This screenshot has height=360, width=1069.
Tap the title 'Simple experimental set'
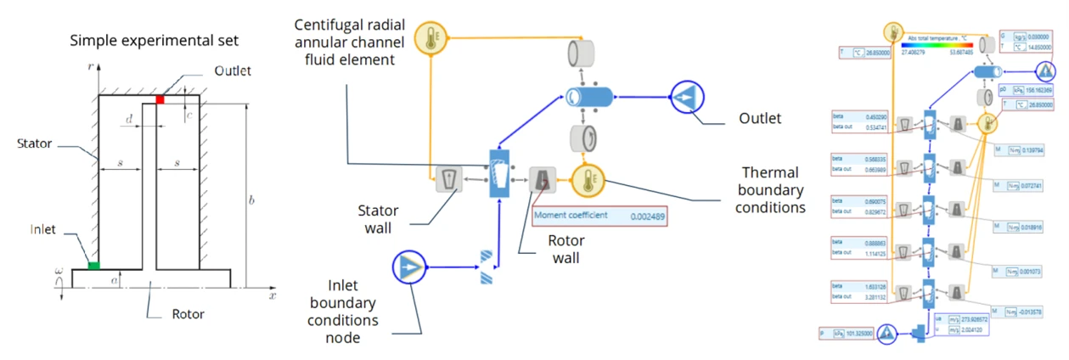click(x=154, y=40)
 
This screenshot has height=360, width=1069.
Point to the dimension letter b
click(x=251, y=201)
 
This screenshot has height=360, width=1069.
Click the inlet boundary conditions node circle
click(x=410, y=269)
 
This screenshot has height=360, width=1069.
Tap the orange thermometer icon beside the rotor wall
click(x=586, y=179)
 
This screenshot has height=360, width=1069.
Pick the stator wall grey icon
click(x=448, y=178)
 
